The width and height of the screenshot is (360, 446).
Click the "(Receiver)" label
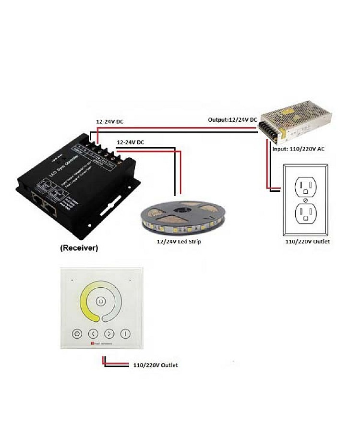point(79,248)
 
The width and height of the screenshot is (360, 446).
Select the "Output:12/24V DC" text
point(232,119)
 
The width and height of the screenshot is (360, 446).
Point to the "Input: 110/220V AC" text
point(298,149)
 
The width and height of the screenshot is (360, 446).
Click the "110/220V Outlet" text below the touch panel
point(156,365)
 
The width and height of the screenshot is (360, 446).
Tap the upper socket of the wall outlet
point(305,186)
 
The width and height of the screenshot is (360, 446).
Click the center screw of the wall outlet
point(305,199)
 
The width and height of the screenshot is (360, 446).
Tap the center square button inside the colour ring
point(100,302)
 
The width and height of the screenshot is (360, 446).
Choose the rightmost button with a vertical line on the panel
point(126,334)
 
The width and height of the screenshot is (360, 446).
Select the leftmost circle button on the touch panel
point(77,334)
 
